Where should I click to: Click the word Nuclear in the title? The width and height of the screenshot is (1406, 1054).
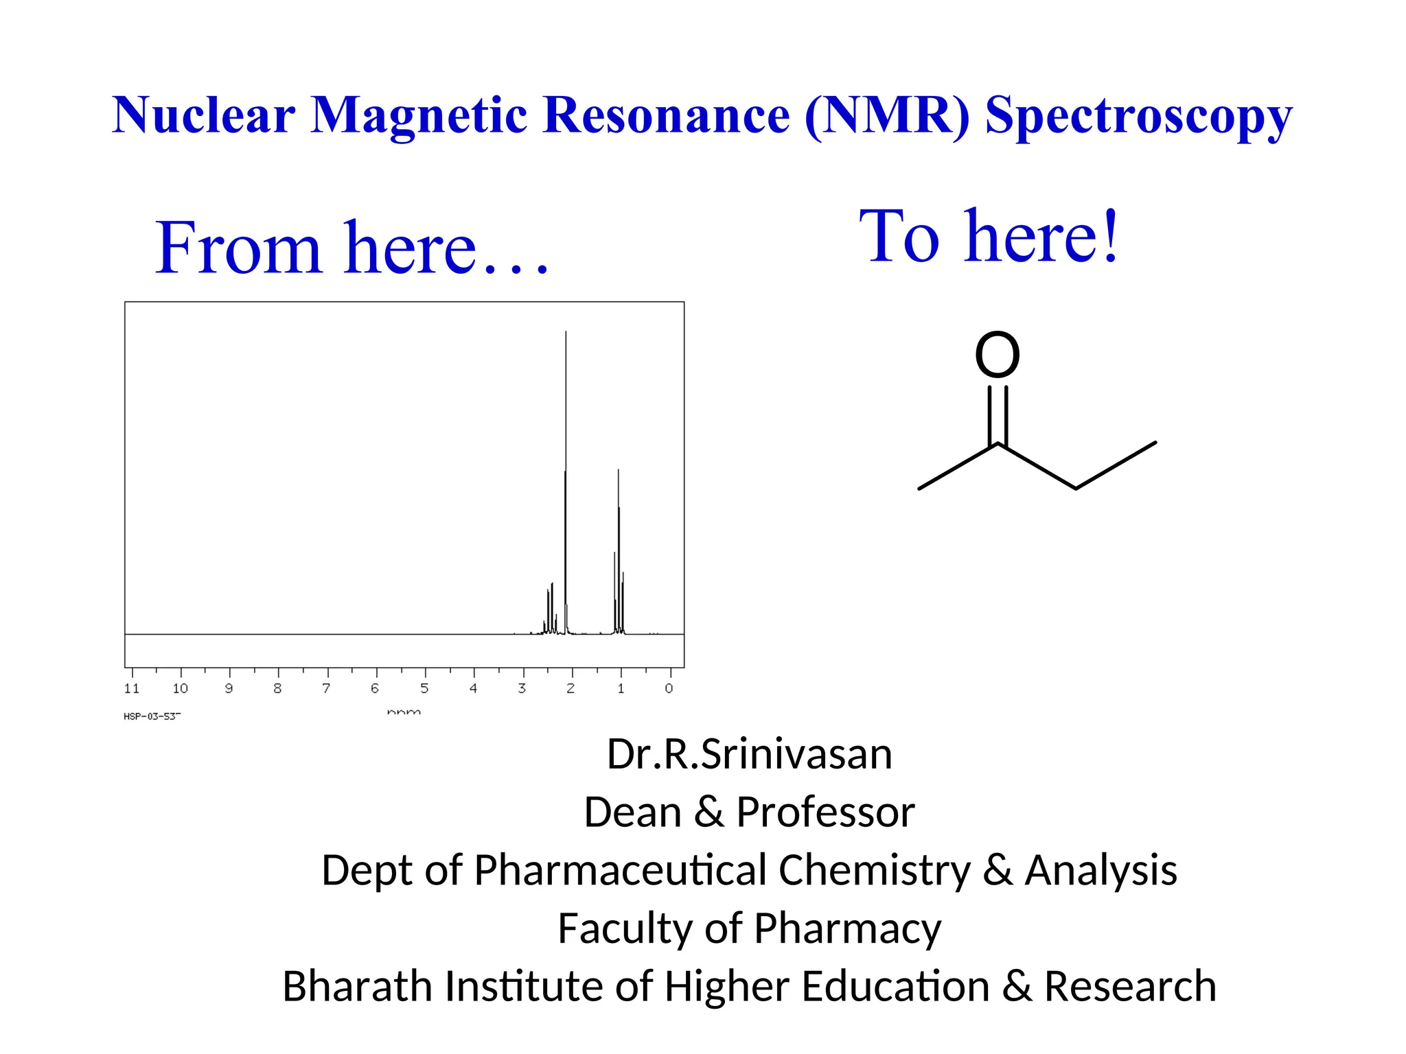pos(204,115)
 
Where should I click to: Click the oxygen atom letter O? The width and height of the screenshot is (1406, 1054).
pos(998,355)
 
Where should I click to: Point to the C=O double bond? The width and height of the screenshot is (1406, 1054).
pos(998,416)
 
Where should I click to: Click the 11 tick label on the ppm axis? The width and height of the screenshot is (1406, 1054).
pos(132,688)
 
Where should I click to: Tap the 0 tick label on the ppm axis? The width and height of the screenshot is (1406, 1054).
pos(669,688)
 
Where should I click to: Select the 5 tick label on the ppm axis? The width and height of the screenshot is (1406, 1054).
pos(424,688)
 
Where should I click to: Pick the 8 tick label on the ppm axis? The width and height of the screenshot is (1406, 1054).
pos(277,688)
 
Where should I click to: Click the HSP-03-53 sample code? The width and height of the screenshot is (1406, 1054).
pos(152,716)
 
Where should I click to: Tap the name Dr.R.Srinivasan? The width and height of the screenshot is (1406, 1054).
pos(750,754)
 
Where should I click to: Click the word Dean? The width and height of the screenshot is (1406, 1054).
pos(632,812)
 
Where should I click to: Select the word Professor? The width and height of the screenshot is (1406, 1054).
pos(825,812)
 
